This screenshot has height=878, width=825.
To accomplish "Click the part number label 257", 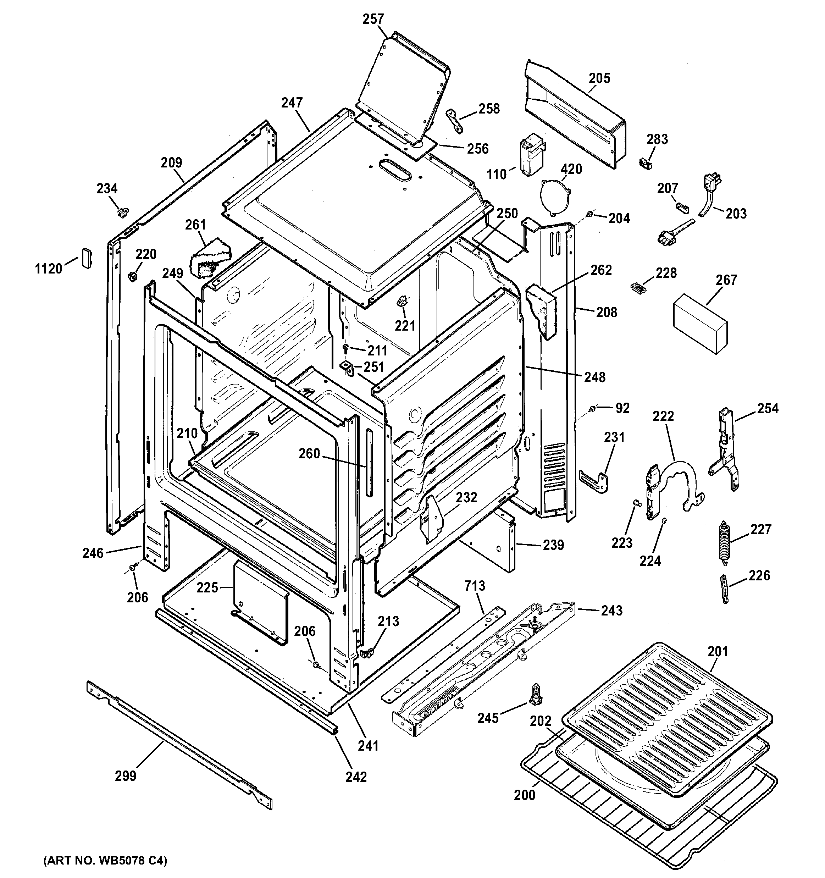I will pos(373,20).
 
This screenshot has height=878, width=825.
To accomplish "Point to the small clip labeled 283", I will pos(646,163).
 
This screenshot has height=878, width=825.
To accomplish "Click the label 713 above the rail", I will pos(475,586).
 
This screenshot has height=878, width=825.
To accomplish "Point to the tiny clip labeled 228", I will pos(636,287).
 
